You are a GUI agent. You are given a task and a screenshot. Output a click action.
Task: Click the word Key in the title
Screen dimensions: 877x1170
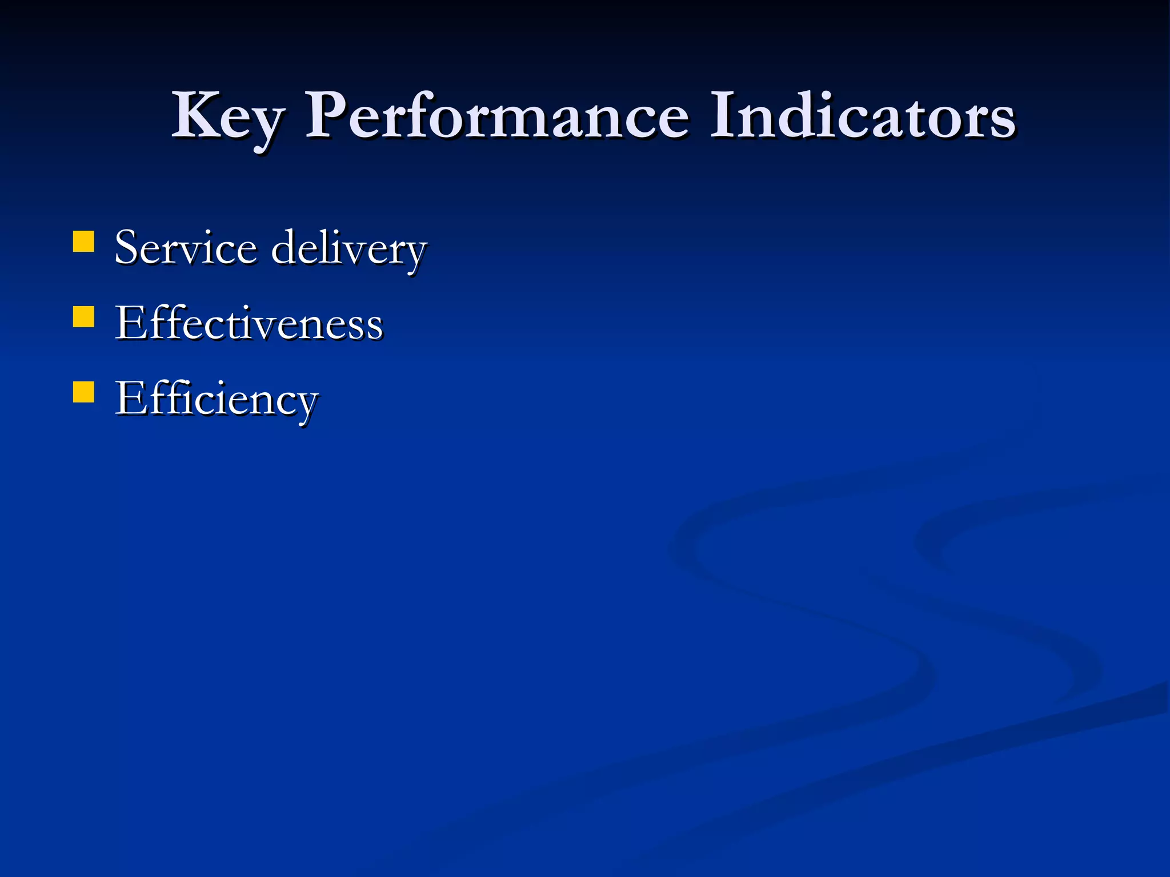click(227, 117)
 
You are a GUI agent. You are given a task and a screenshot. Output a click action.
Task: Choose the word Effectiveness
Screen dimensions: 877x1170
click(249, 323)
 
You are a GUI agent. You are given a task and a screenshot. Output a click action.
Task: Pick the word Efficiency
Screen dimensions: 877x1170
click(217, 400)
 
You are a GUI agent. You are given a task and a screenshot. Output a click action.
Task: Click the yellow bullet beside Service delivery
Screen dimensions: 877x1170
click(84, 242)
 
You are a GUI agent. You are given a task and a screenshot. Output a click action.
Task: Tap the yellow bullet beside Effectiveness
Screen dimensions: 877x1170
click(84, 317)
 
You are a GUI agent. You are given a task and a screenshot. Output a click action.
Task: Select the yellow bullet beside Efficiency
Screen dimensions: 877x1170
click(84, 393)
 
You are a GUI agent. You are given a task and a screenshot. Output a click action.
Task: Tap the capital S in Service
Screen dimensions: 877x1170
click(128, 248)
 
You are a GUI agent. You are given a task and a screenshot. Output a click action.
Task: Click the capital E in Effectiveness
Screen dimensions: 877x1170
click(130, 323)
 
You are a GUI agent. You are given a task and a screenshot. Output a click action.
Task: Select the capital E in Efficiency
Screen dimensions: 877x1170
click(130, 399)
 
